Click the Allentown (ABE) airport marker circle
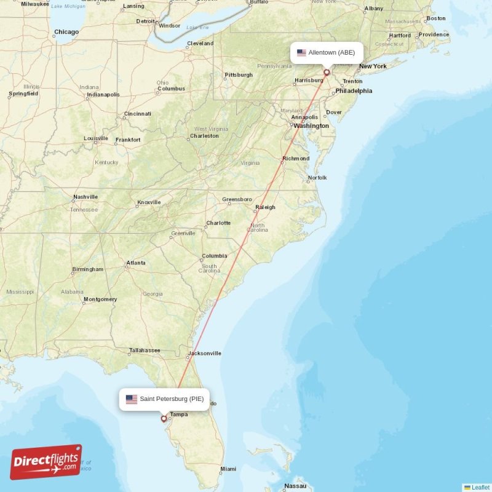[x=327, y=72]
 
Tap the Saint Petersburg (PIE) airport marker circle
[x=163, y=419]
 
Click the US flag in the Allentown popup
[x=301, y=53]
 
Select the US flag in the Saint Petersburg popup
[x=132, y=399]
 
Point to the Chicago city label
[x=66, y=32]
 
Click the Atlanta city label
[x=136, y=263]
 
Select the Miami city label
[x=228, y=469]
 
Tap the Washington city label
[x=311, y=126]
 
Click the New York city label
[x=373, y=66]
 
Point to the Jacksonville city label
[x=205, y=354]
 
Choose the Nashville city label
[x=85, y=197]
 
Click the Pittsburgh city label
[x=239, y=75]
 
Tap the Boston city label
[x=436, y=18]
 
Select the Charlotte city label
[x=218, y=223]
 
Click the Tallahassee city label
[x=145, y=351]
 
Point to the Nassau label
[x=295, y=486]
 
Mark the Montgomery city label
[x=100, y=300]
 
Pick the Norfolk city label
[x=317, y=178]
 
